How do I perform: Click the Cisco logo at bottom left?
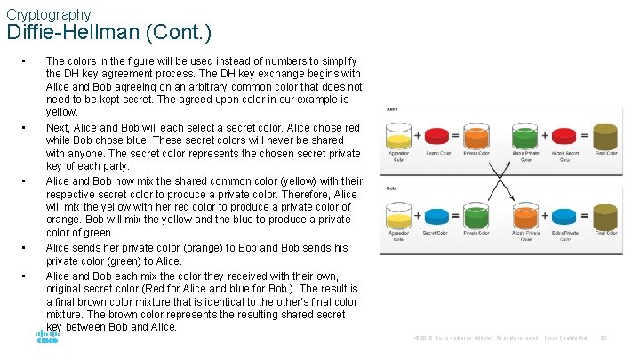pyautogui.click(x=47, y=337)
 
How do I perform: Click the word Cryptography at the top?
pyautogui.click(x=48, y=14)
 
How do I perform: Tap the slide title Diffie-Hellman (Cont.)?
pyautogui.click(x=108, y=34)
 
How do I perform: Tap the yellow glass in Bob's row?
pyautogui.click(x=398, y=215)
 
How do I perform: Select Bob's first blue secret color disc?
pyautogui.click(x=437, y=215)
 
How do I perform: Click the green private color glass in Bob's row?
pyautogui.click(x=476, y=215)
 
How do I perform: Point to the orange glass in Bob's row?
pyautogui.click(x=525, y=215)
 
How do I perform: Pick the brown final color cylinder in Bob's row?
pyautogui.click(x=605, y=215)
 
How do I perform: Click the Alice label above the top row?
pyautogui.click(x=391, y=110)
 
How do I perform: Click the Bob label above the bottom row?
pyautogui.click(x=390, y=188)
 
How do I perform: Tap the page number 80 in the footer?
pyautogui.click(x=604, y=338)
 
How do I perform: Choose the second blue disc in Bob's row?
pyautogui.click(x=564, y=215)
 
